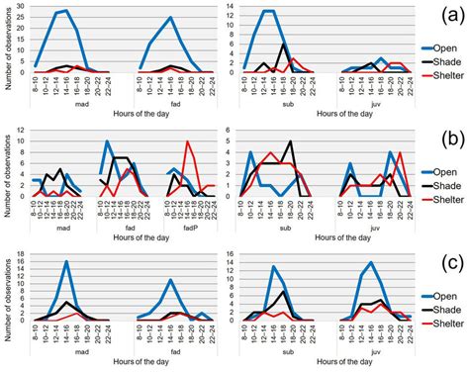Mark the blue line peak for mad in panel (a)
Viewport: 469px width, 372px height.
[65, 12]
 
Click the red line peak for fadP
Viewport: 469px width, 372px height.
[187, 141]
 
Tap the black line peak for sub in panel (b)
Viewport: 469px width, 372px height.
[290, 141]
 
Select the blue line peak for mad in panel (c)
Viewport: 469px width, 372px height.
[65, 262]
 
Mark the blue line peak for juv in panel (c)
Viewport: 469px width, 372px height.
[370, 262]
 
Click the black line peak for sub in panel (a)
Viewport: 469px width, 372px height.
[285, 44]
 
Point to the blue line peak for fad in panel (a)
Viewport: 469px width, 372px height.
[171, 18]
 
